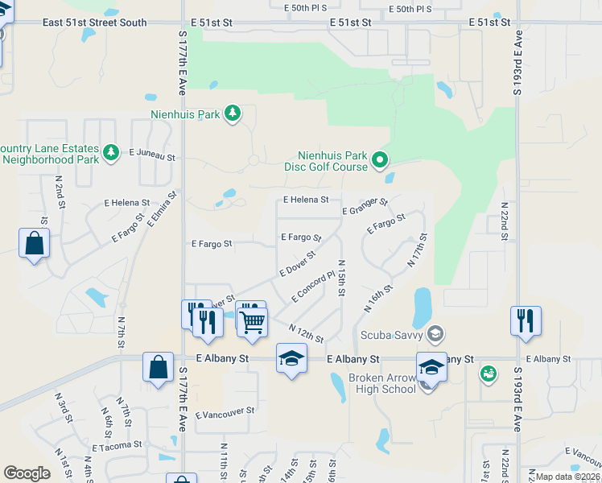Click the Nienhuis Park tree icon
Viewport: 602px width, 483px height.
click(x=233, y=114)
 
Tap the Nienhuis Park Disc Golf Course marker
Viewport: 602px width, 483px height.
click(x=381, y=161)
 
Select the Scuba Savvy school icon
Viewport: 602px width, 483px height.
click(x=435, y=333)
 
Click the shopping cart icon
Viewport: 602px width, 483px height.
click(x=254, y=322)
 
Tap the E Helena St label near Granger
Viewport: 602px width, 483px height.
click(x=306, y=199)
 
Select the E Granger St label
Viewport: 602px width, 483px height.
click(x=365, y=207)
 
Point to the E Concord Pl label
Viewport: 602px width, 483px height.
click(x=313, y=287)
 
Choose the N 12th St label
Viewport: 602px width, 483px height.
click(x=306, y=332)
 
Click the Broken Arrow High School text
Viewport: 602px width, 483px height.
click(x=381, y=383)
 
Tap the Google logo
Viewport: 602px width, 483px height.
click(x=27, y=473)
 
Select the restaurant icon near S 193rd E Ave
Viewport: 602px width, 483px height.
click(x=526, y=320)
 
